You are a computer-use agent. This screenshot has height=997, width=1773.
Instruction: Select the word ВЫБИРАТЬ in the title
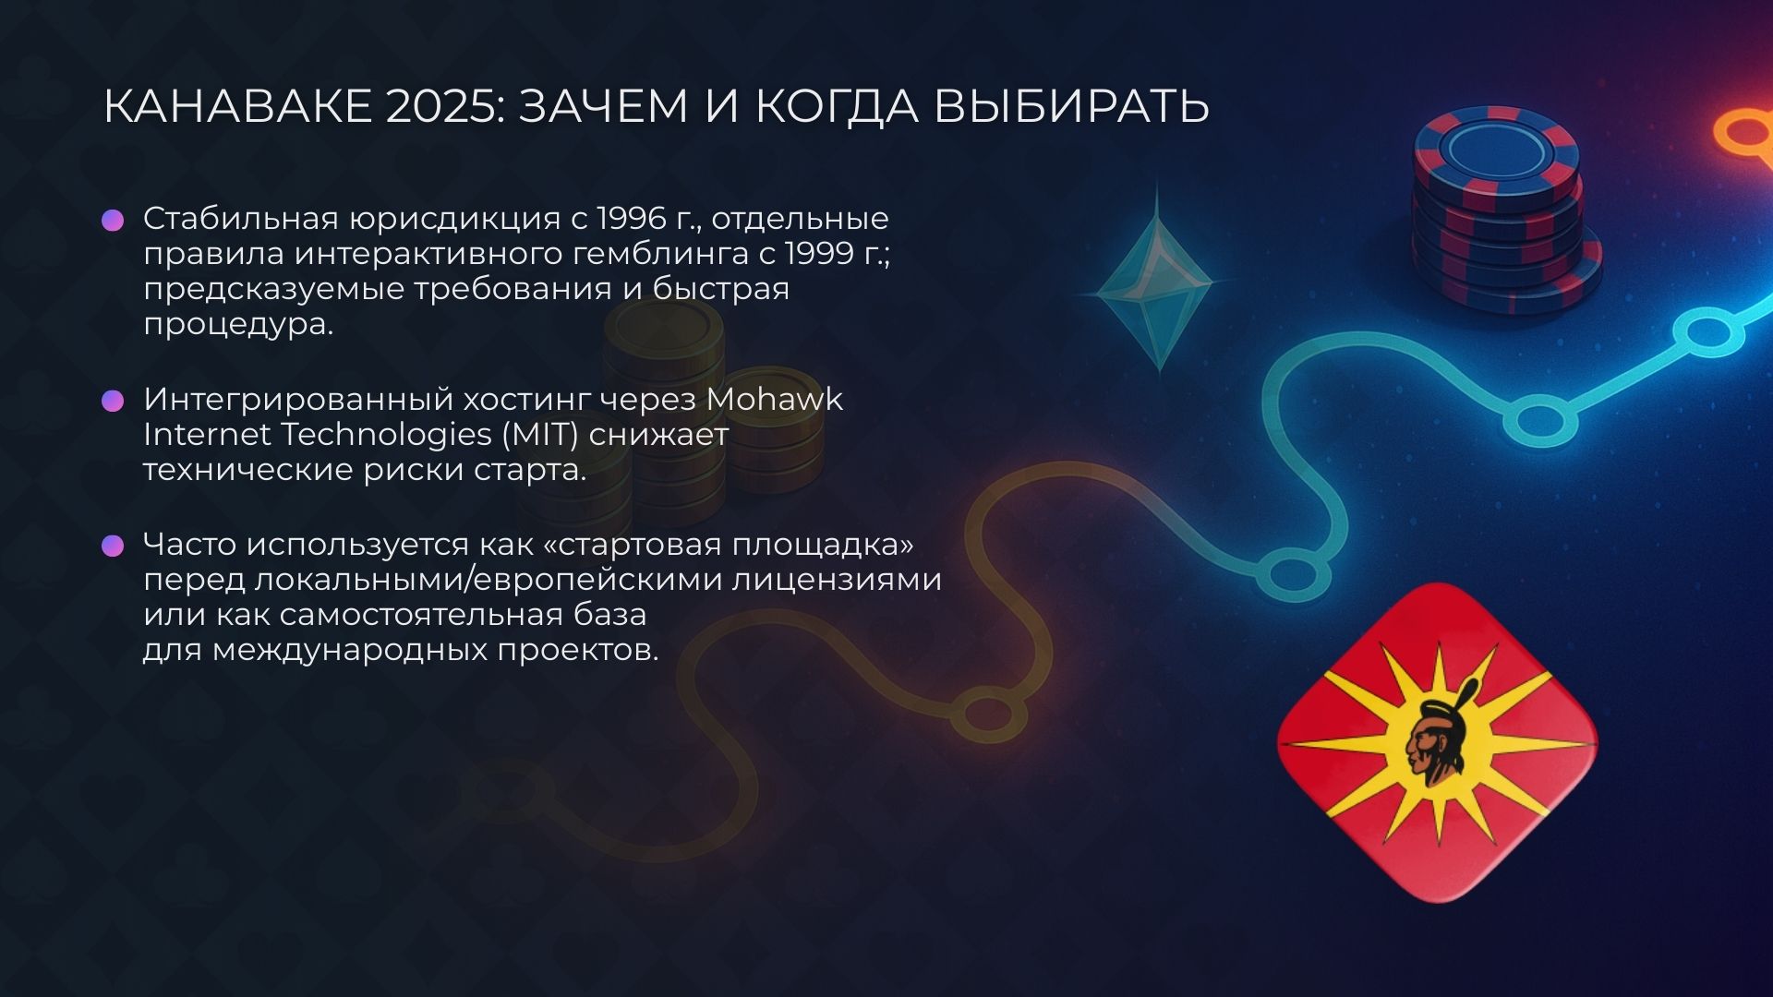pos(1071,106)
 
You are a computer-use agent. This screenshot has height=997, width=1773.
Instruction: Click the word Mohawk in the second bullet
pos(774,400)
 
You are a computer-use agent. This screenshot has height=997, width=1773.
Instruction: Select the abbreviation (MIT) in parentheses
pos(540,435)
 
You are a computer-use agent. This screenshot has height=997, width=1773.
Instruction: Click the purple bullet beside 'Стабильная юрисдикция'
pos(113,220)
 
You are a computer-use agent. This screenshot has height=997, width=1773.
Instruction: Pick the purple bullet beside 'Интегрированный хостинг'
pos(113,401)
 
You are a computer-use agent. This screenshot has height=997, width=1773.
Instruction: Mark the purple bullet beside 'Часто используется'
pos(113,546)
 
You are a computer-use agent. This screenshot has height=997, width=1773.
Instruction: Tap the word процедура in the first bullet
pos(237,325)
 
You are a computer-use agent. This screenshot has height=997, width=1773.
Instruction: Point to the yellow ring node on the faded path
pos(988,713)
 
